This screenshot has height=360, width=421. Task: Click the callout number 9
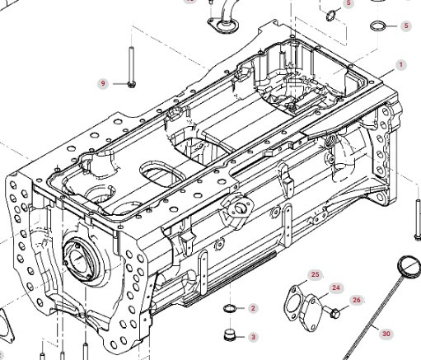[x=103, y=83]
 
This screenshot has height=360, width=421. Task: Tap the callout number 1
[x=401, y=65]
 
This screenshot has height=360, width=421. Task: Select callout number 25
[x=316, y=274]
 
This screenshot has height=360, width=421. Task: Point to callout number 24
[x=336, y=288]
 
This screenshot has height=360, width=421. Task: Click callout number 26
[x=357, y=300]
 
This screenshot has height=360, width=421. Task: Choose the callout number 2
[x=253, y=308]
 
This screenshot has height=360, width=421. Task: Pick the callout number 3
[x=253, y=337]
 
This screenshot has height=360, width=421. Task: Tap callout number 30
[x=386, y=334]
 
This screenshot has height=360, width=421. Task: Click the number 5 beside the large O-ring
[x=406, y=26]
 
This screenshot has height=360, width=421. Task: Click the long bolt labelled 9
[x=131, y=68]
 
